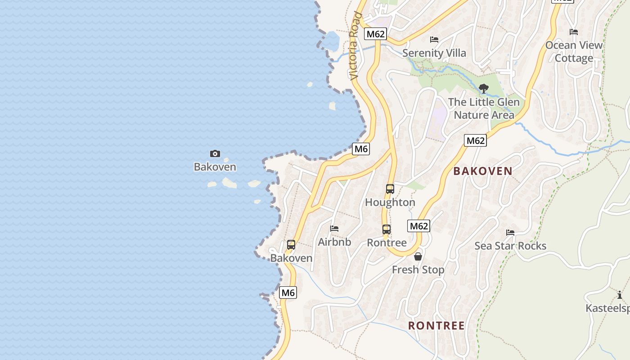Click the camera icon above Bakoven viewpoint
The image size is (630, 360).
[x=215, y=154]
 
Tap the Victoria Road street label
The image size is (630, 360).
[x=355, y=46]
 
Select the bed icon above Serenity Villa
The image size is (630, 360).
[x=434, y=40]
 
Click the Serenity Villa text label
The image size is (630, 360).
[x=434, y=53]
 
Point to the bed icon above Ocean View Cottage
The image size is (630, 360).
[x=574, y=32]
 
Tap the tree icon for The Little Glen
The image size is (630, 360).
[x=484, y=89]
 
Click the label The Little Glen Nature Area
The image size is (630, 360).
[x=484, y=108]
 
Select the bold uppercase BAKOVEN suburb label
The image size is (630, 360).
[x=483, y=171]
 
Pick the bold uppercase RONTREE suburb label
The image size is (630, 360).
[x=436, y=325]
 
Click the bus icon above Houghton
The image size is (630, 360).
[x=390, y=189]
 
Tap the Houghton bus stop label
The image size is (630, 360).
[x=390, y=202]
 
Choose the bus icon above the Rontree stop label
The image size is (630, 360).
[x=387, y=229]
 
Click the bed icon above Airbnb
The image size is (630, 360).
[x=334, y=229]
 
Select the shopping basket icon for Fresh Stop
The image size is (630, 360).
[x=418, y=256]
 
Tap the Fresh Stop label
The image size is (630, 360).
[x=418, y=270]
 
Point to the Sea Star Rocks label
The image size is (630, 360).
[x=510, y=246]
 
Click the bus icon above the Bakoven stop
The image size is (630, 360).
[x=291, y=245]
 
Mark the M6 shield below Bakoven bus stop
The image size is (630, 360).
[x=288, y=292]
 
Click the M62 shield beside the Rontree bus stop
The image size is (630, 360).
[x=418, y=226]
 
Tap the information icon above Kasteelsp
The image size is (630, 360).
[x=620, y=295]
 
